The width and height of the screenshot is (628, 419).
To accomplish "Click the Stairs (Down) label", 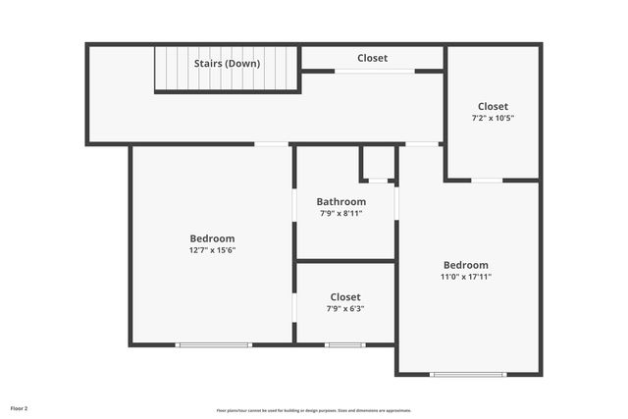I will pyautogui.click(x=227, y=64).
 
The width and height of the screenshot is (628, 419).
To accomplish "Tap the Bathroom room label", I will pyautogui.click(x=341, y=202).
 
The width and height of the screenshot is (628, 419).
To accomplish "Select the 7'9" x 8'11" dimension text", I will pyautogui.click(x=341, y=213).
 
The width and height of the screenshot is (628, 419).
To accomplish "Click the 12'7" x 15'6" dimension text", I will pyautogui.click(x=212, y=250).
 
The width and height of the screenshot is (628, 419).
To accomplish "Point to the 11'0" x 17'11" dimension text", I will pyautogui.click(x=466, y=277).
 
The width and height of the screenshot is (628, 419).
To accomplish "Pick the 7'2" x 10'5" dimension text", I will pyautogui.click(x=493, y=118).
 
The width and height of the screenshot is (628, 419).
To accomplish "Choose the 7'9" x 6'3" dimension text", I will pyautogui.click(x=345, y=308).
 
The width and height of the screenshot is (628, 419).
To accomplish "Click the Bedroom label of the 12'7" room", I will pyautogui.click(x=212, y=238).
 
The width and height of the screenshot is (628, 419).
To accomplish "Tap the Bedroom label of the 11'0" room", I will pyautogui.click(x=466, y=265).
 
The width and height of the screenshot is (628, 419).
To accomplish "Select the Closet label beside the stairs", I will pyautogui.click(x=372, y=58).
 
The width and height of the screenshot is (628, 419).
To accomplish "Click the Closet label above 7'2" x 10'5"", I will pyautogui.click(x=493, y=106).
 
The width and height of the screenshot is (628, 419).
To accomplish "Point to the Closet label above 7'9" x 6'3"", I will pyautogui.click(x=345, y=296).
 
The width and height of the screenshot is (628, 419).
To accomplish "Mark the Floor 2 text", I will pyautogui.click(x=20, y=408).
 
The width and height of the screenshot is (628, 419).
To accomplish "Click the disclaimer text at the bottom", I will pyautogui.click(x=314, y=410).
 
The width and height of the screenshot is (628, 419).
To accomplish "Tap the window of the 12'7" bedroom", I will pyautogui.click(x=214, y=344).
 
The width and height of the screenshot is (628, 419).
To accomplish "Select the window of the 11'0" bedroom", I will pyautogui.click(x=468, y=374).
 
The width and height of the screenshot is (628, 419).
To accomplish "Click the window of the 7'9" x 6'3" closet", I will pyautogui.click(x=345, y=344).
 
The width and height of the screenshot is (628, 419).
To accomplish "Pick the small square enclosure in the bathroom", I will pyautogui.click(x=378, y=163).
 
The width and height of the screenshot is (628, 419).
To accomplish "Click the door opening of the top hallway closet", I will pyautogui.click(x=374, y=71).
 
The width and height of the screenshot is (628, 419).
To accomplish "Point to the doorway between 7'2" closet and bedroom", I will pyautogui.click(x=488, y=181).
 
